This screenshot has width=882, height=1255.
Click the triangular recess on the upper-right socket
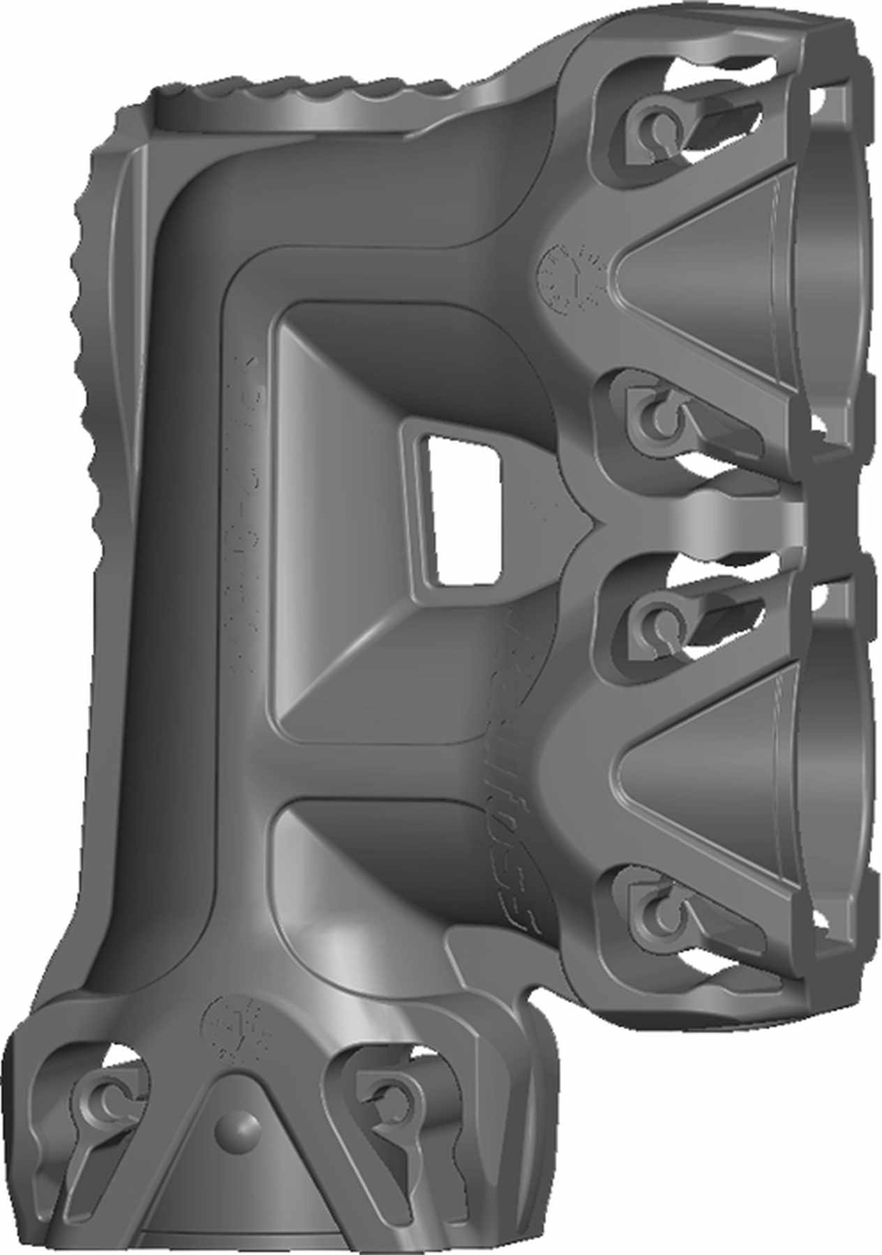[x=691, y=271]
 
